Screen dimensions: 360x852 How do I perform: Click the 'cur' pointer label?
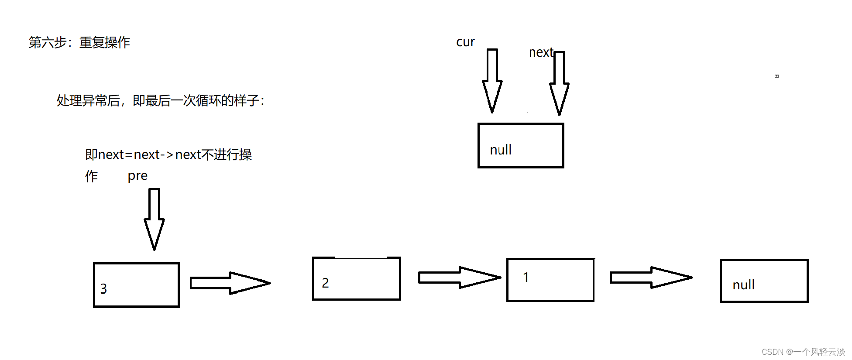(x=465, y=42)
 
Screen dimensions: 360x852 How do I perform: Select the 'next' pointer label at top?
(x=541, y=52)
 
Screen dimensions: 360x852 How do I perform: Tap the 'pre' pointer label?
(x=137, y=176)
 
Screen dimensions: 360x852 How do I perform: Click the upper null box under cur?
(x=521, y=145)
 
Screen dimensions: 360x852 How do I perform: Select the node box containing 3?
(x=136, y=285)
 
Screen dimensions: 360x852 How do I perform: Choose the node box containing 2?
(x=357, y=279)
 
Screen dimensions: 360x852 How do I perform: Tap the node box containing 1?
(x=550, y=280)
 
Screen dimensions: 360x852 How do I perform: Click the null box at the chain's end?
(x=764, y=281)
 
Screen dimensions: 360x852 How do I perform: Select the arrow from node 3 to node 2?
(x=230, y=283)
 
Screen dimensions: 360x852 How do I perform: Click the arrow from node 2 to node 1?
(x=459, y=278)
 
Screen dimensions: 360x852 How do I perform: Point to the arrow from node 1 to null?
(x=651, y=278)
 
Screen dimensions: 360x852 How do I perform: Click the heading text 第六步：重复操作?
(x=79, y=42)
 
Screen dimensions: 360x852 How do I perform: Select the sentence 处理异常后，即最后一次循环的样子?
(x=160, y=101)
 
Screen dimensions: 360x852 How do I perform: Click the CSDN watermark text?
(x=803, y=352)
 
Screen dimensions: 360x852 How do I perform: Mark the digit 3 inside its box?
(x=103, y=289)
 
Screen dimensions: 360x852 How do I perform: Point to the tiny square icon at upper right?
(x=776, y=76)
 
